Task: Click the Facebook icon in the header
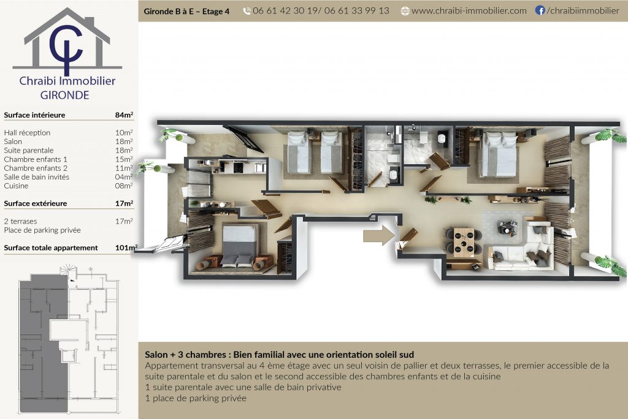click(x=540, y=10)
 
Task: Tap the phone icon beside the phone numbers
click(x=247, y=11)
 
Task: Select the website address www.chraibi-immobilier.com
click(x=469, y=11)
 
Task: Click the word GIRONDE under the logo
click(x=64, y=95)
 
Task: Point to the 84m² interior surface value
click(x=124, y=115)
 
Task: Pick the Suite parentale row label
click(x=29, y=151)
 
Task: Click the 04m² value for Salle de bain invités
click(x=124, y=177)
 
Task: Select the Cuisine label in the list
click(x=16, y=186)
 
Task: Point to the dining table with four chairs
click(x=464, y=242)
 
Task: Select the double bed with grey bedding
click(x=239, y=245)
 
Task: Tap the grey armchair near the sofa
click(x=507, y=227)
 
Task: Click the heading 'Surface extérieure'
click(x=35, y=203)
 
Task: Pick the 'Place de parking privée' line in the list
click(x=42, y=230)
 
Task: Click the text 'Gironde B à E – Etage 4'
click(x=186, y=11)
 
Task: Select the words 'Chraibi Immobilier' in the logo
click(x=67, y=81)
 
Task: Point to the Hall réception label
click(x=27, y=132)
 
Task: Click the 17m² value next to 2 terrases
click(x=124, y=221)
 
